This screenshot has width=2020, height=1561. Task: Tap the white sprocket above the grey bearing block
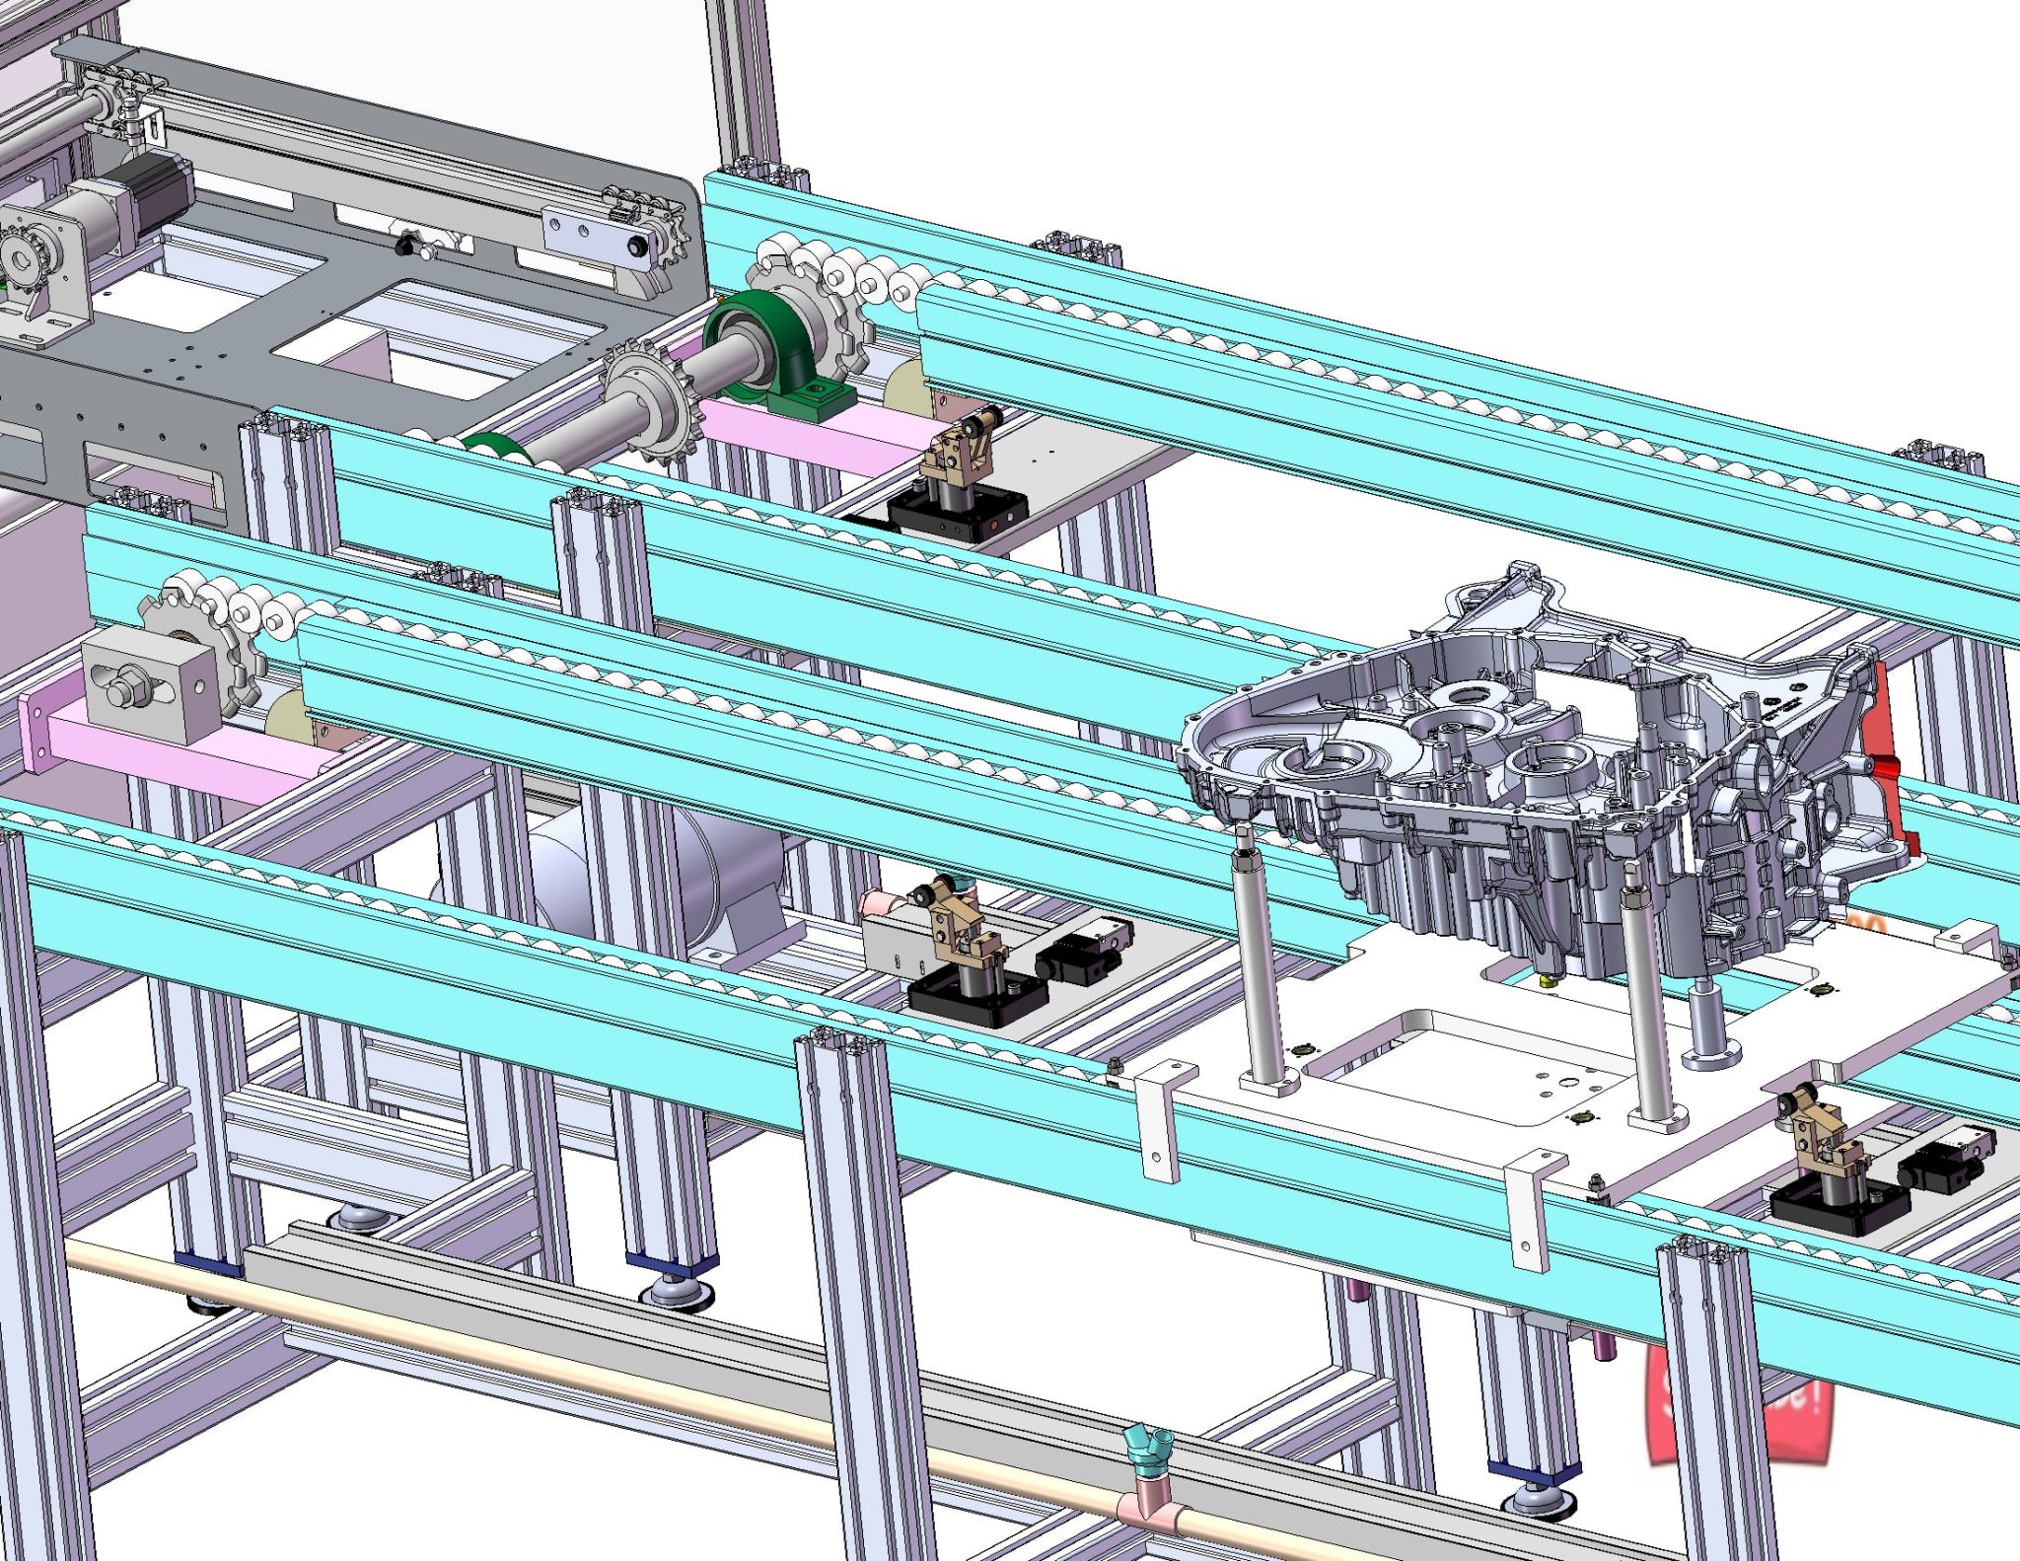197,631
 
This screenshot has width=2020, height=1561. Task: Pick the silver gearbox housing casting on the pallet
1539,769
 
